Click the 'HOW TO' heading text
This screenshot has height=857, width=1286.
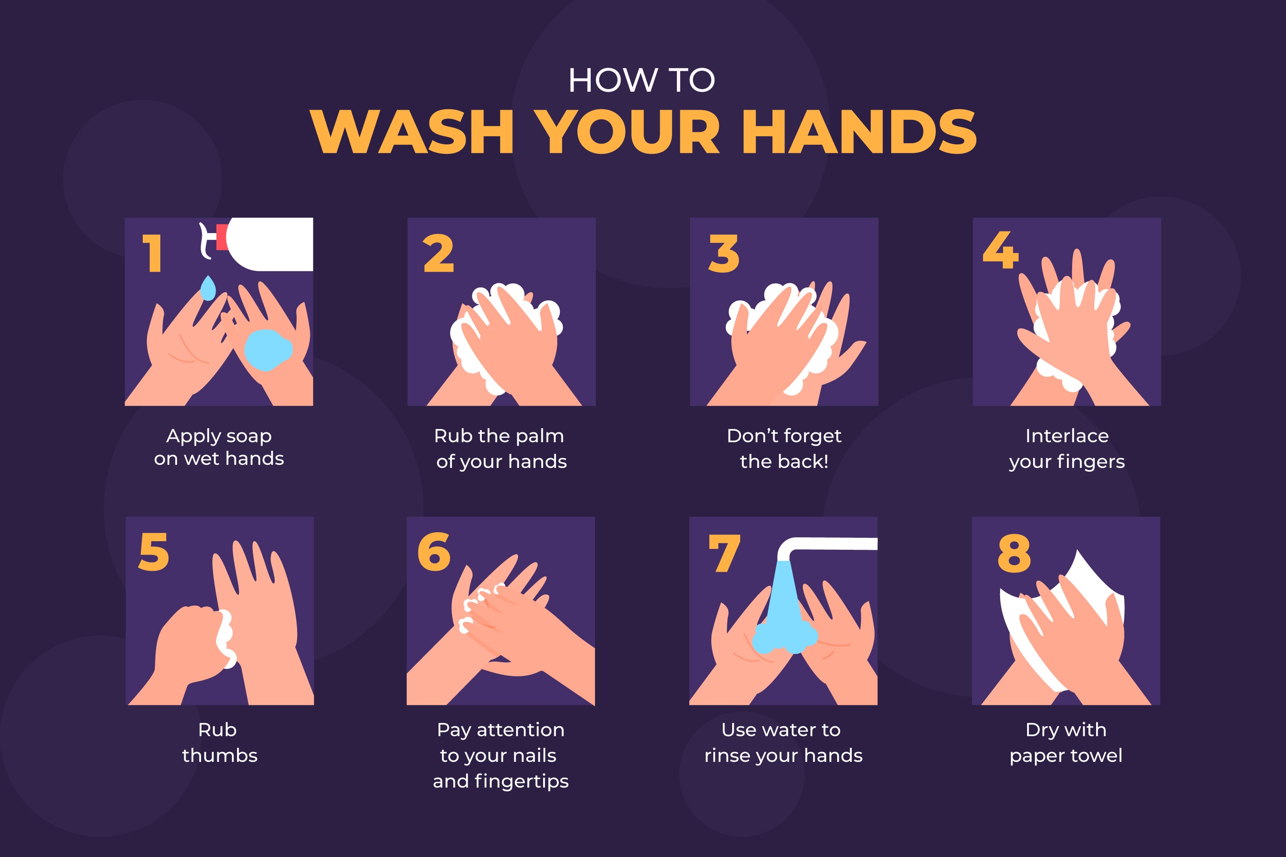[x=642, y=81]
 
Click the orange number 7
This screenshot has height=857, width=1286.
[x=724, y=553]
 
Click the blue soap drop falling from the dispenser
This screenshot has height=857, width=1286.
[x=208, y=288]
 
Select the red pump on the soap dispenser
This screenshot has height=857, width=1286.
[x=222, y=237]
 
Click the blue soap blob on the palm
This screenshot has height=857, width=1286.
[x=267, y=350]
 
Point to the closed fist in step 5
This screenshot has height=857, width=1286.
[x=189, y=645]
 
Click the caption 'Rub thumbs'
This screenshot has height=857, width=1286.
[x=219, y=742]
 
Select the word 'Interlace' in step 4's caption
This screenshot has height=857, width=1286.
[x=1067, y=436]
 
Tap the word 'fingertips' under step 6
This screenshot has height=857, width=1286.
[x=522, y=781]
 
